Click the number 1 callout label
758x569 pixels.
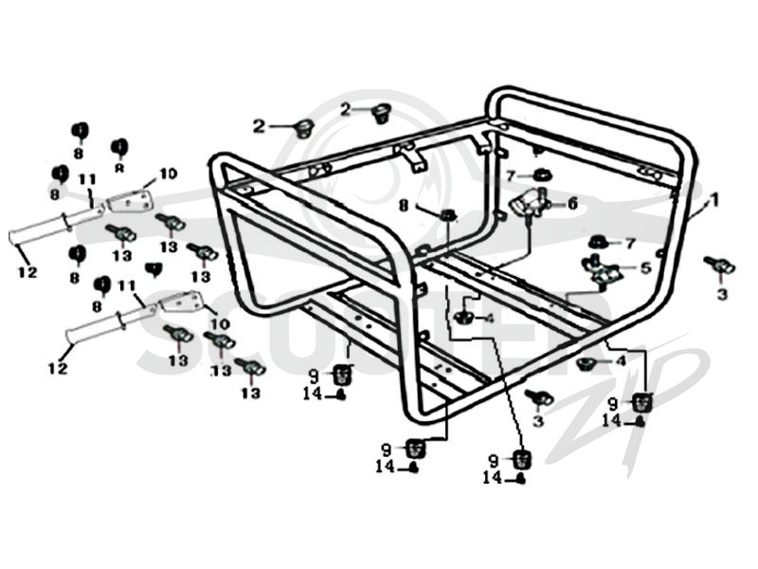(x=714, y=199)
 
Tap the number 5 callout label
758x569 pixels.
(x=646, y=267)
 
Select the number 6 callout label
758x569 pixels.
(x=573, y=203)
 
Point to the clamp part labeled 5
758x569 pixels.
(x=602, y=270)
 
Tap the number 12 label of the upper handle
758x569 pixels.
(x=27, y=272)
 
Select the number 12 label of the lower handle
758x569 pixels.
(x=58, y=369)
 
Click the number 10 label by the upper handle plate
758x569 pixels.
(x=169, y=174)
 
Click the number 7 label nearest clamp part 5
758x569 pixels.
(x=629, y=244)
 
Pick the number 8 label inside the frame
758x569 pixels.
(x=404, y=206)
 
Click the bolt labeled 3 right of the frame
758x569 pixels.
(x=720, y=266)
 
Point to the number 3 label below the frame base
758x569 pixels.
(x=538, y=420)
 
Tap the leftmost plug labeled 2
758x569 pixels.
(x=304, y=128)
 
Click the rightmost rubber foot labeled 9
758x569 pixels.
(x=643, y=402)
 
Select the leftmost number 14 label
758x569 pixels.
(x=313, y=394)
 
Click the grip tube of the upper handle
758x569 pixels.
(x=54, y=226)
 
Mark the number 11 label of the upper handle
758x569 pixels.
(x=87, y=179)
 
